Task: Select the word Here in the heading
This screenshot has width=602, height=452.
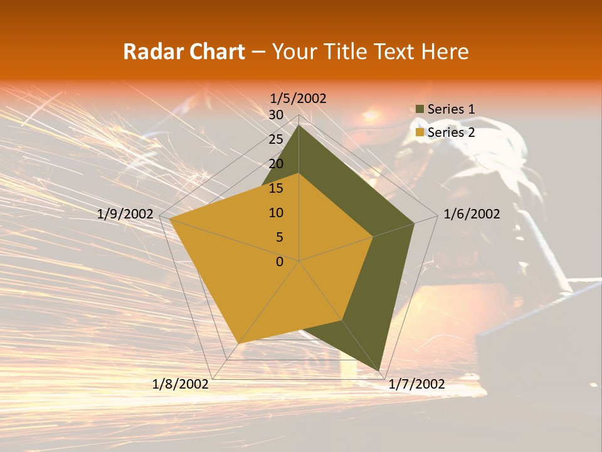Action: (x=445, y=51)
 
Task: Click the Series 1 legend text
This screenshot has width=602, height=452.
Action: (x=451, y=109)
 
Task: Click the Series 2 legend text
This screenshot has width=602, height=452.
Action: (x=451, y=132)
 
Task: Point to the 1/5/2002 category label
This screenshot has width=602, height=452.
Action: (x=298, y=99)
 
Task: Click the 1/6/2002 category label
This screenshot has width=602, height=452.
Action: (x=472, y=214)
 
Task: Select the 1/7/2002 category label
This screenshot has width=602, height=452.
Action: (x=416, y=384)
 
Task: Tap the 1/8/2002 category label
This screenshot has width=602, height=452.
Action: (x=181, y=384)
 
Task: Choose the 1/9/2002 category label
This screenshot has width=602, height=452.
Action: (x=125, y=214)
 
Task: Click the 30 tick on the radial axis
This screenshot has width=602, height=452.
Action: (x=276, y=115)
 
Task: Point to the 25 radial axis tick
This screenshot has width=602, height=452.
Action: (x=276, y=139)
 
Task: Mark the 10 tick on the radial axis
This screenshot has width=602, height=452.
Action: (x=276, y=213)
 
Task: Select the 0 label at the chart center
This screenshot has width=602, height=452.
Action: (x=280, y=262)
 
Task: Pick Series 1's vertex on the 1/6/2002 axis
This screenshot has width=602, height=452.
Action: (x=414, y=223)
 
